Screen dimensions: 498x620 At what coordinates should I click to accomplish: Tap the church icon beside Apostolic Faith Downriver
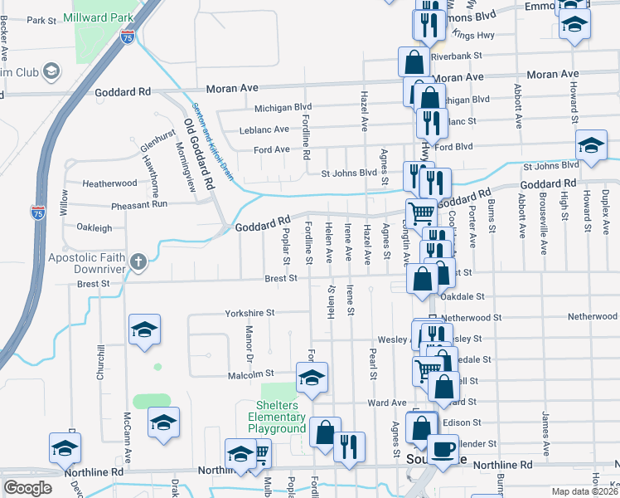138,263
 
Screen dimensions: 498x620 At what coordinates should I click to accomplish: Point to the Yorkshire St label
249,314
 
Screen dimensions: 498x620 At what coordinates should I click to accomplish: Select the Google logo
27,488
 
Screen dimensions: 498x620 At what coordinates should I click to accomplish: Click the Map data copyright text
584,491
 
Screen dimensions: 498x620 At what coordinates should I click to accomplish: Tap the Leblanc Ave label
264,129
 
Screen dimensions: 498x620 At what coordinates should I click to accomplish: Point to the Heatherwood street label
109,183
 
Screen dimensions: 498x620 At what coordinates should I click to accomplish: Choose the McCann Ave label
128,437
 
